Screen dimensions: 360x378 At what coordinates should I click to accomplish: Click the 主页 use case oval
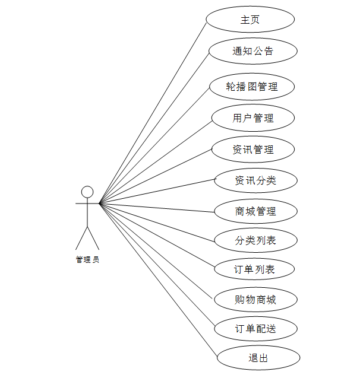coord(250,20)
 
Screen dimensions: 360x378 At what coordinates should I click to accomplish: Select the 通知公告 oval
coord(252,51)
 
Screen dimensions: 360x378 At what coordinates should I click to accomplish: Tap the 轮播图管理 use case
coord(252,87)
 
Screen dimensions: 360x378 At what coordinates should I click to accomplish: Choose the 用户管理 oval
coord(253,117)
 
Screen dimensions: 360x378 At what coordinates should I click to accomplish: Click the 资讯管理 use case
coord(253,149)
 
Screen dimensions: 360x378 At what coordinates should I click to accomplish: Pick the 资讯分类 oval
coord(255,180)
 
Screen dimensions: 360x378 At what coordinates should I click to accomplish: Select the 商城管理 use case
coord(255,211)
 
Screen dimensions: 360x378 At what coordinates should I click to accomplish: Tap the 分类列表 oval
coord(255,240)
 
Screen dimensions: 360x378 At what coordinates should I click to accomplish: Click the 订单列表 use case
coord(255,269)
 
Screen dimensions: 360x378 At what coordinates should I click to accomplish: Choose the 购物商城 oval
coord(255,299)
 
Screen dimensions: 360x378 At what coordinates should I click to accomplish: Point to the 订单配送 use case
coord(255,328)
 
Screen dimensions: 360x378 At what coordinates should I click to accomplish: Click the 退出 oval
coord(258,358)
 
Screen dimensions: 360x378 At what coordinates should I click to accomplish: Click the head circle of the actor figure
coord(87,192)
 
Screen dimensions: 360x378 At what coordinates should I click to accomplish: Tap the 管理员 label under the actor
coord(87,259)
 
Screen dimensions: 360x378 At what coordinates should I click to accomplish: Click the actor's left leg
coord(81,239)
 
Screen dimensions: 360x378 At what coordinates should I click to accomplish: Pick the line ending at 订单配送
coord(157,265)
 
